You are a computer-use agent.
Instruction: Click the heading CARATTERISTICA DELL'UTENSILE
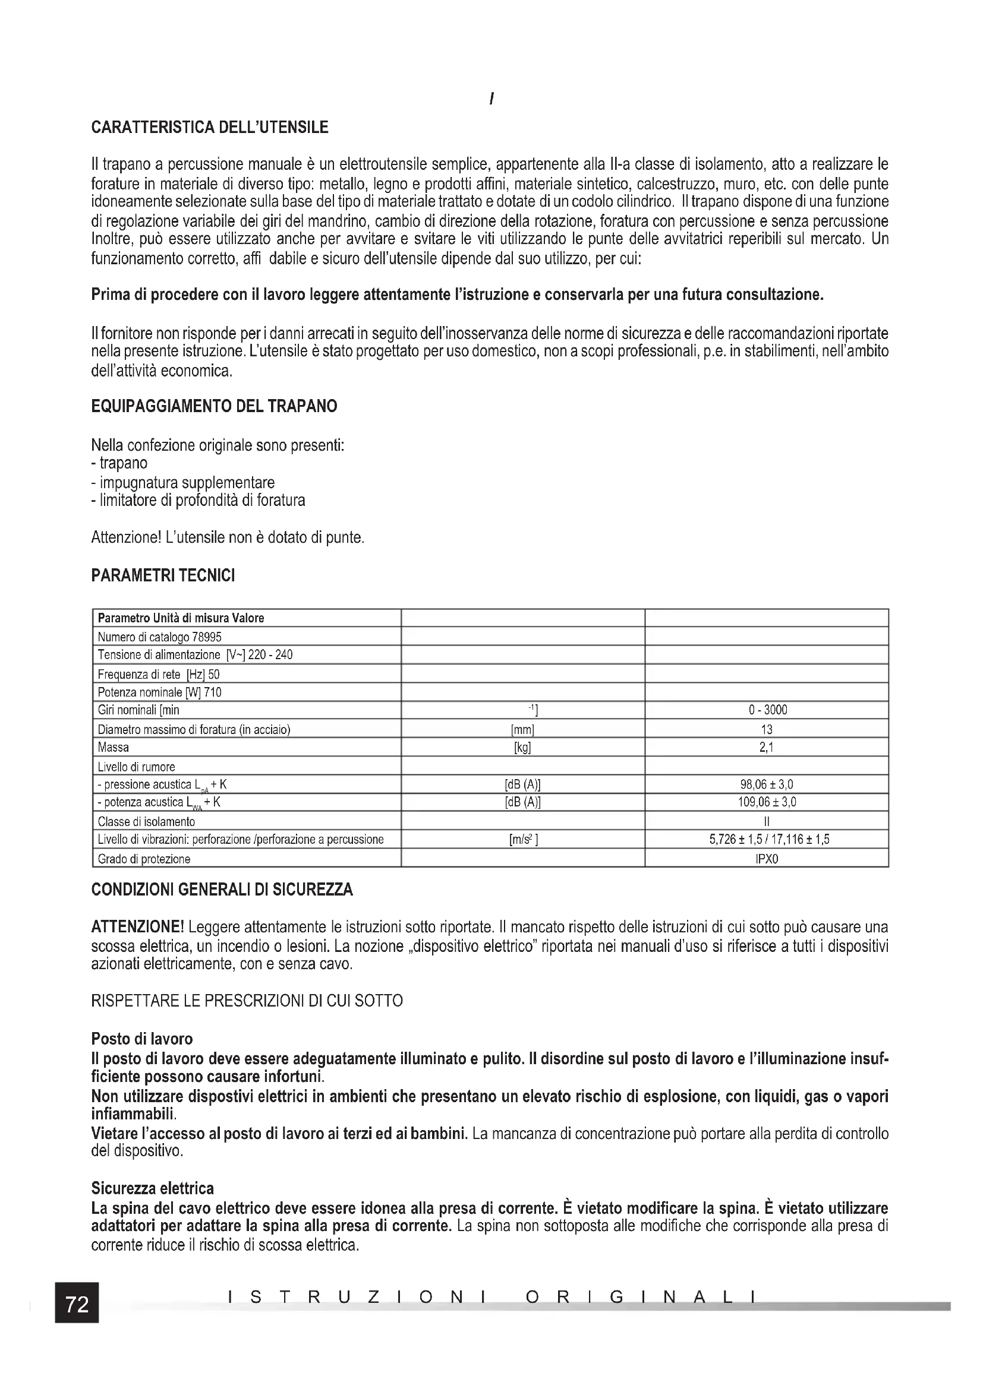[x=209, y=128]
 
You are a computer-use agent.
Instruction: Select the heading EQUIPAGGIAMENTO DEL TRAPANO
[x=214, y=406]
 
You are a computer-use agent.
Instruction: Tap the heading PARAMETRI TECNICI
[x=163, y=575]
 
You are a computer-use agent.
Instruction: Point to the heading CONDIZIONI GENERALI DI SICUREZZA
[x=222, y=890]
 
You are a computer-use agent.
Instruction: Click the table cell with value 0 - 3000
[x=767, y=710]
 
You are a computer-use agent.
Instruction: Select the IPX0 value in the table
[x=767, y=859]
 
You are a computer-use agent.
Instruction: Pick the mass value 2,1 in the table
[x=767, y=748]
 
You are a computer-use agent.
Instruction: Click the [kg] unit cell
[x=522, y=748]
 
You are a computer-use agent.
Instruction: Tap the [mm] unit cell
[x=522, y=730]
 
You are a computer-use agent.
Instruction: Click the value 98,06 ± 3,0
[x=767, y=784]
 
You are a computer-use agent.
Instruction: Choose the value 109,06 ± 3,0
[x=767, y=803]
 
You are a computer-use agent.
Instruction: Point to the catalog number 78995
[x=206, y=637]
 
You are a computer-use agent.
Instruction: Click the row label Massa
[x=113, y=748]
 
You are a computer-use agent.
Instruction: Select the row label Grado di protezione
[x=144, y=859]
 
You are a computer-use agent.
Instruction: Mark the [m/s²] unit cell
[x=523, y=840]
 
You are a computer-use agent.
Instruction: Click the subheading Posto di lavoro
[x=141, y=1039]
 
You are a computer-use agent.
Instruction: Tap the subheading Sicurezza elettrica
[x=152, y=1189]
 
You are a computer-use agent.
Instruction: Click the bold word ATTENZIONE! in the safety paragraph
[x=137, y=928]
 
